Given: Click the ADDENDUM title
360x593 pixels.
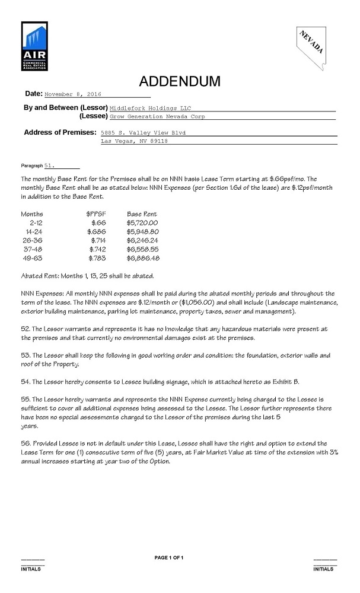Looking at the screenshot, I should [180, 81].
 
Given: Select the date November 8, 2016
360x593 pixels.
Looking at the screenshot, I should [73, 94].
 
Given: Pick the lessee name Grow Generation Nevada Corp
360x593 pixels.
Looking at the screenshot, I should [158, 117].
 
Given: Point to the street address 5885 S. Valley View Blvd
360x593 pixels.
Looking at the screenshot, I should [147, 133].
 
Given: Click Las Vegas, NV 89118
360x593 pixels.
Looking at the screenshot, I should [134, 142].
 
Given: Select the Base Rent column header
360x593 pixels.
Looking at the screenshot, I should [142, 213].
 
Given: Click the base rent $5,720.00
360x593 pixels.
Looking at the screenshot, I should [142, 223].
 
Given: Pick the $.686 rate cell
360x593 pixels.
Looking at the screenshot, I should [97, 232].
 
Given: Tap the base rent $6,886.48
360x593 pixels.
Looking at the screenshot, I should [142, 259].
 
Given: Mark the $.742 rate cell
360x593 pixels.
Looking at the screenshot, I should [97, 250].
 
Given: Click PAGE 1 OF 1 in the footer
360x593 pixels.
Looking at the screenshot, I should [169, 557].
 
